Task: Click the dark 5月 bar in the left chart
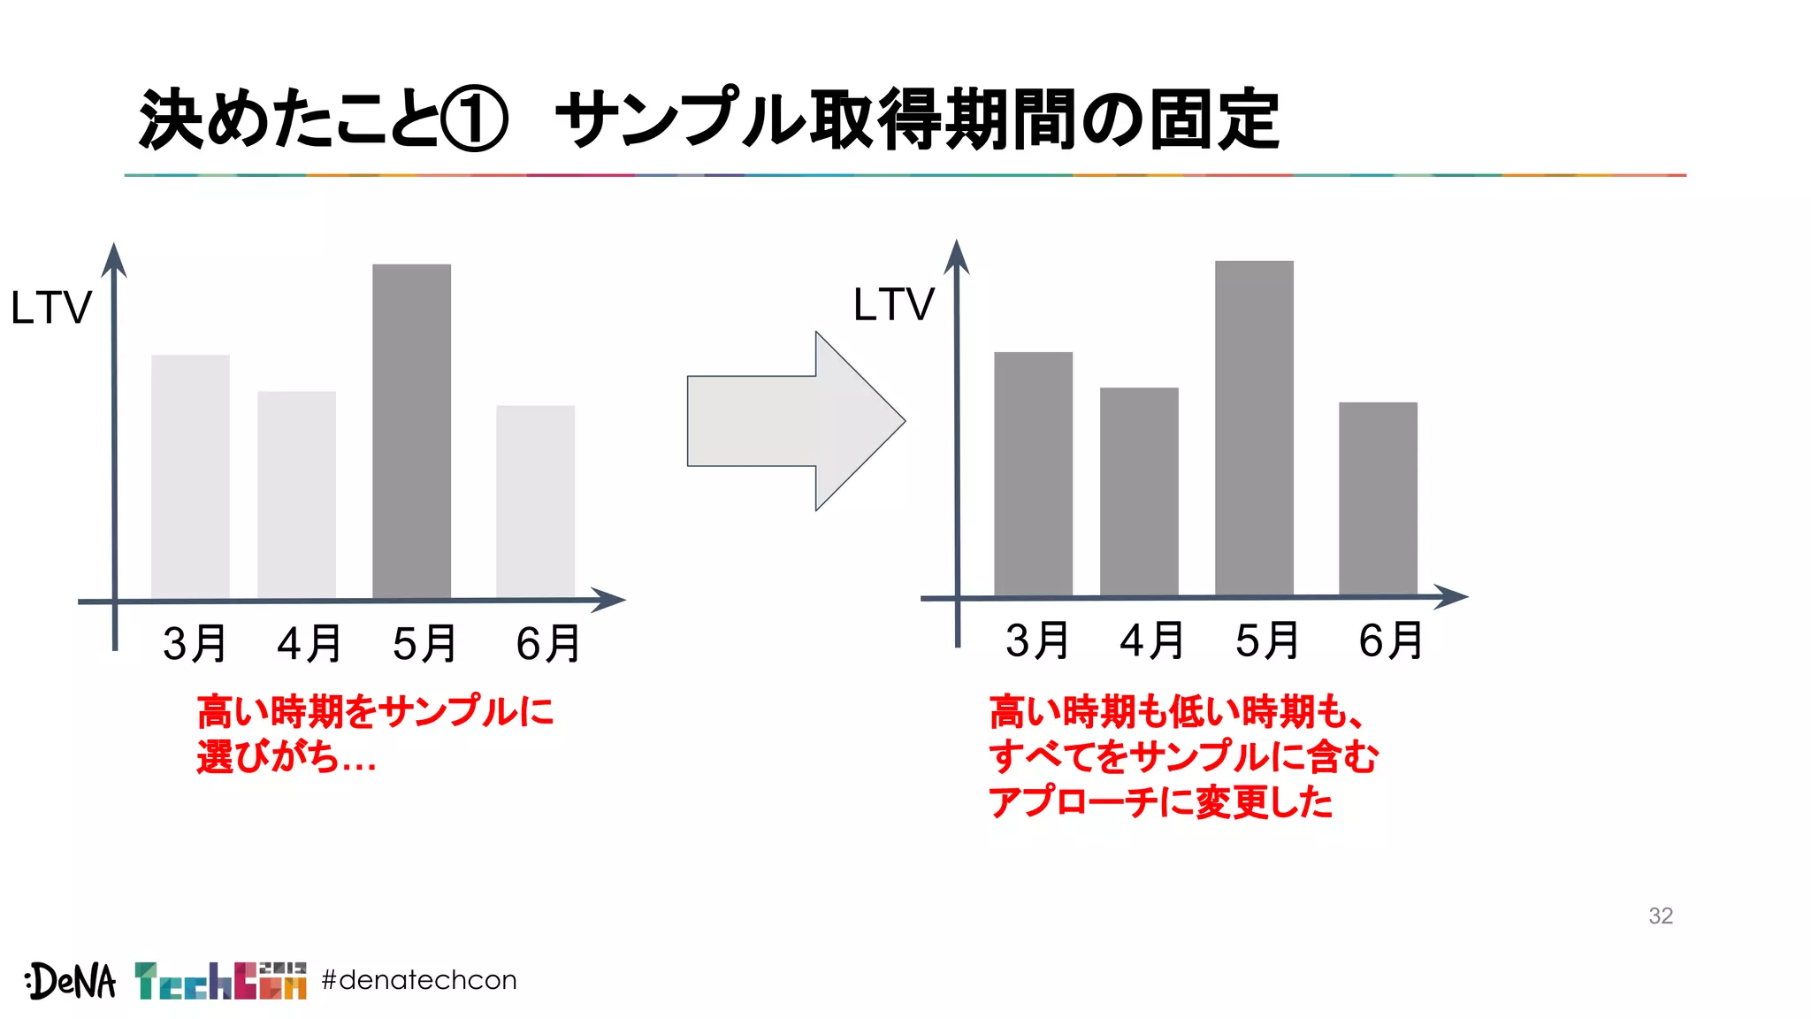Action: tap(411, 431)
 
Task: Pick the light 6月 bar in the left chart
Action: tap(535, 501)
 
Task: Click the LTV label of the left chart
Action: tap(50, 308)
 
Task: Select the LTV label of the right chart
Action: tap(893, 304)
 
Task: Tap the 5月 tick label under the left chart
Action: tap(424, 643)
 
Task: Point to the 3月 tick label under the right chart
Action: tap(1037, 640)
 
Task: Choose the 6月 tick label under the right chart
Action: tap(1390, 640)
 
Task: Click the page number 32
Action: tap(1660, 916)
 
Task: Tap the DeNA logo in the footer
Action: tap(71, 980)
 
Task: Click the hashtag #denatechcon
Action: tap(419, 980)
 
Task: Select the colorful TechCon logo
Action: tap(220, 980)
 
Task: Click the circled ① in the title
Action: tap(475, 119)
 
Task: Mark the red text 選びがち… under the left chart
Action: tap(287, 757)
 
